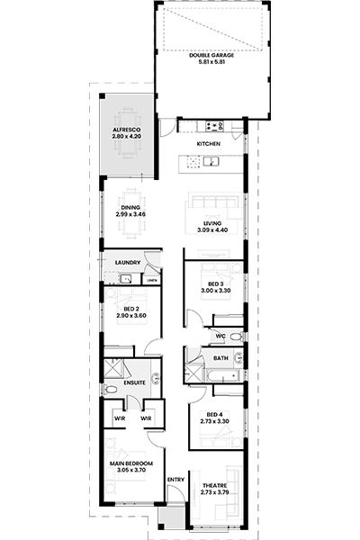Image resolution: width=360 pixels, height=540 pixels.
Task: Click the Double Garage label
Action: coord(211,55)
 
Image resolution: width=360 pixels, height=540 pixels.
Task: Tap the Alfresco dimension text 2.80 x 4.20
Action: coord(126,137)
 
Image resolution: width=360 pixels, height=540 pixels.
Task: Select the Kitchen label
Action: coord(209,144)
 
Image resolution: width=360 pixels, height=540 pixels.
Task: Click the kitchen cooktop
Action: coord(214,126)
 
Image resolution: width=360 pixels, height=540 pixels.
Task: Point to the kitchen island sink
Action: coord(210,161)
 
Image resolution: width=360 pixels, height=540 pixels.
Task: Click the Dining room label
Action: coord(130,208)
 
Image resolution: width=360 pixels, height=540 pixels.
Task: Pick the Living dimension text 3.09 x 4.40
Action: coord(212,230)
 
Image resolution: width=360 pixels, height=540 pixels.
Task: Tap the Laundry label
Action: coord(128,263)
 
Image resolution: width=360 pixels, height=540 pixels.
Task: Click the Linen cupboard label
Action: coord(152,280)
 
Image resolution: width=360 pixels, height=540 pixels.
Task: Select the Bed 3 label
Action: coord(216,284)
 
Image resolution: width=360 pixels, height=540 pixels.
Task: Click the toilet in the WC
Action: coord(236,336)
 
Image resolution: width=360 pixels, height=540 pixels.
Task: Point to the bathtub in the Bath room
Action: coord(223,375)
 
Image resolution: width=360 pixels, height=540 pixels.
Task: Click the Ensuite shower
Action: coord(113,368)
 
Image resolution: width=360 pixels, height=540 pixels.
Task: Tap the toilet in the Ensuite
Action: coord(111,390)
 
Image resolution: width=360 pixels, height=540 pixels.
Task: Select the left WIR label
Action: coord(120,418)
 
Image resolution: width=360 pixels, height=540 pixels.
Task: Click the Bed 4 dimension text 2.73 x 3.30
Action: coord(214,421)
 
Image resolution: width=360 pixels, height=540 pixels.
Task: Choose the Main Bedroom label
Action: coord(131,463)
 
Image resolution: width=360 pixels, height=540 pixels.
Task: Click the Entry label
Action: coord(175,480)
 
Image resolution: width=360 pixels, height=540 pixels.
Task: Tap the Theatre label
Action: coord(214,486)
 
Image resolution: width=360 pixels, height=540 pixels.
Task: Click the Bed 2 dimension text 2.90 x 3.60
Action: coord(131,316)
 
